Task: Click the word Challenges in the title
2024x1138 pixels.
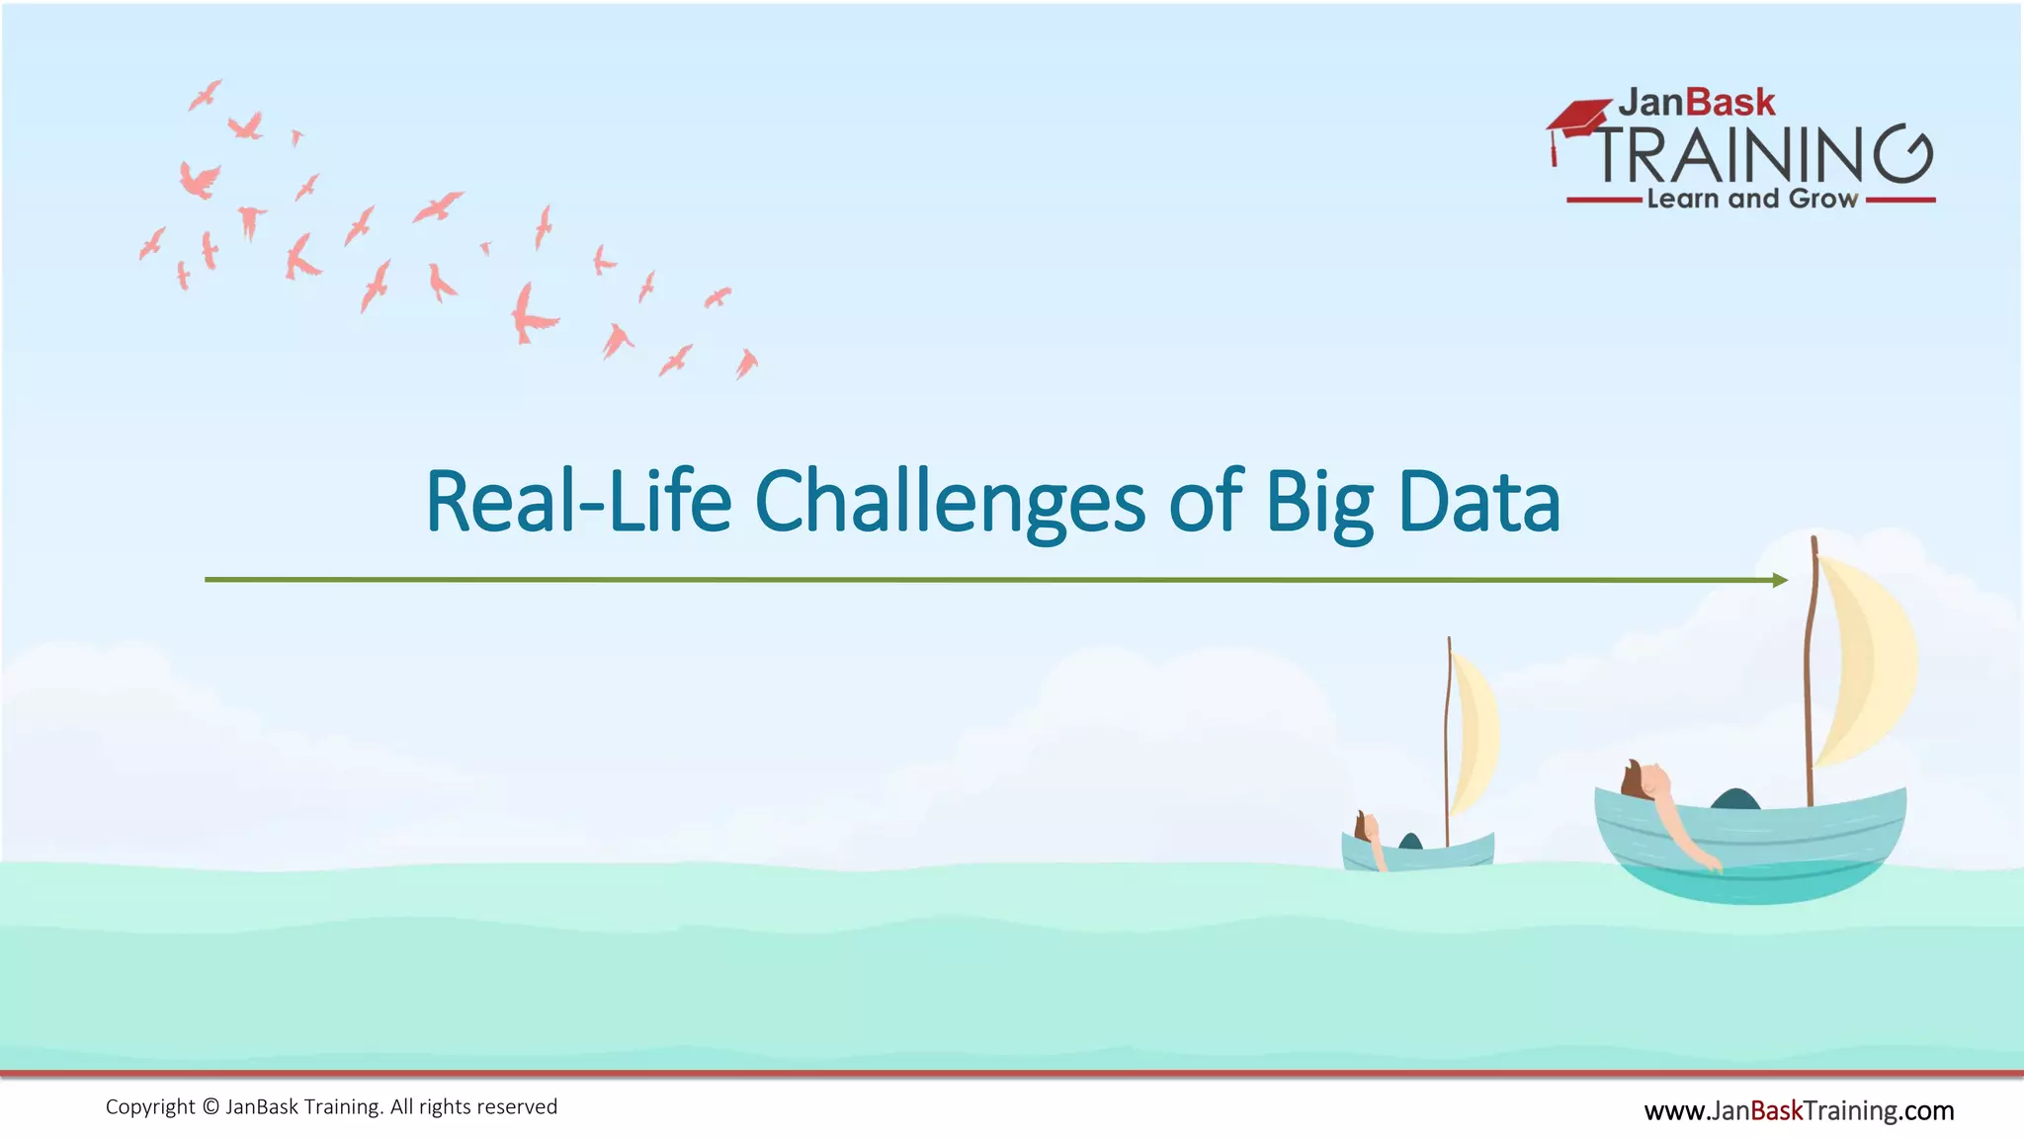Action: (949, 502)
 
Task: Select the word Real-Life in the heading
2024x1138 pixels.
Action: (578, 502)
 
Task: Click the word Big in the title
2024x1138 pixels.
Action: (1319, 502)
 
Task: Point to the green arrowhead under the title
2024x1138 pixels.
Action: (1780, 580)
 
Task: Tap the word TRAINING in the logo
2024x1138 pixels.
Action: (1764, 155)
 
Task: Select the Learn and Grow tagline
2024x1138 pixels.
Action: (1751, 199)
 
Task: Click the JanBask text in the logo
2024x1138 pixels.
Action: (1696, 103)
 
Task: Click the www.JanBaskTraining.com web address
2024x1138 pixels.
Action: (1799, 1110)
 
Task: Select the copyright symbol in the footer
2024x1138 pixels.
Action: (211, 1107)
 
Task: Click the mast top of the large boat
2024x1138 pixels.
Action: (1814, 541)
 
